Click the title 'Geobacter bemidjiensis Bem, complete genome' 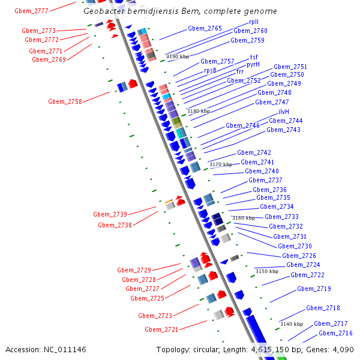pos(180,11)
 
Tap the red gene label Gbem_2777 pos(32,11)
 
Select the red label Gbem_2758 pos(65,101)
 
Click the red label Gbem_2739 pos(110,214)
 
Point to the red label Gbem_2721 pos(161,329)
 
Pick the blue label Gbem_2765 pos(205,28)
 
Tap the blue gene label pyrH pos(253,64)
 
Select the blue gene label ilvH pos(283,112)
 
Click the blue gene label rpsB pos(210,70)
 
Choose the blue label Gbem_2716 pos(335,333)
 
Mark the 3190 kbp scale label pos(177,56)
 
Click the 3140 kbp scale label pos(291,324)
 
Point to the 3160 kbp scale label pos(243,218)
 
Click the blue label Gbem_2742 pos(254,152)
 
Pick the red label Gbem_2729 pos(134,270)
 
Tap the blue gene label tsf pos(254,57)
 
